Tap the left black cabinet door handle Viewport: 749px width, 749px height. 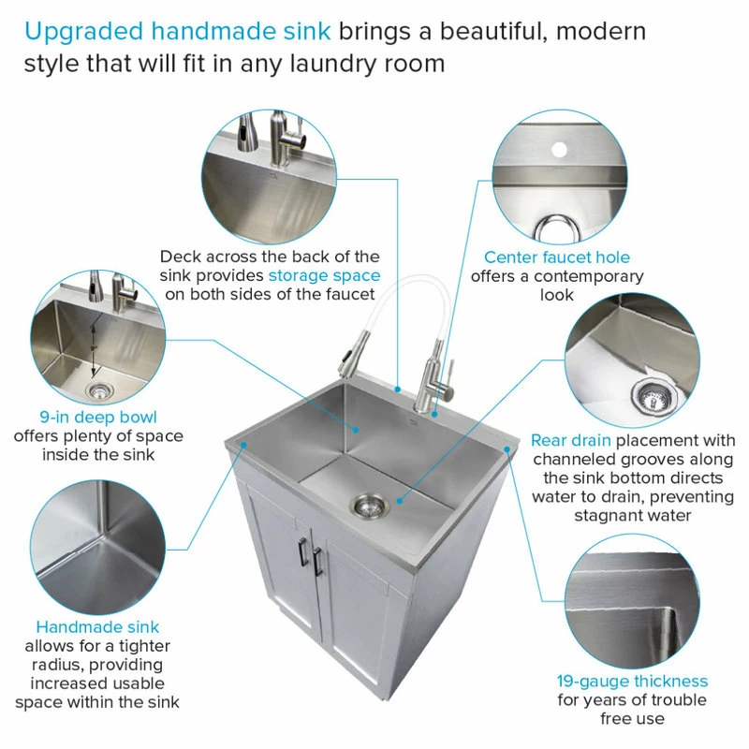(x=302, y=551)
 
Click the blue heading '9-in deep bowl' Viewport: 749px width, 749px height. (x=98, y=417)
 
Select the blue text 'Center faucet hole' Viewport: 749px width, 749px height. (x=557, y=257)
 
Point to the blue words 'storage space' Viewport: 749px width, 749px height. (x=324, y=275)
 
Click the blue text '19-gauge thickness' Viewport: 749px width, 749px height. (x=633, y=681)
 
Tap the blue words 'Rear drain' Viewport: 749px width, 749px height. (x=571, y=440)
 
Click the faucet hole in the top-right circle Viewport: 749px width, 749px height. (x=559, y=150)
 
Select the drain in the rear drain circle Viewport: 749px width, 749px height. (x=654, y=395)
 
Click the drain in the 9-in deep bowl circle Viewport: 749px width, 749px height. (x=99, y=391)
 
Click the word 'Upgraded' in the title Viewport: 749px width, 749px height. (x=83, y=32)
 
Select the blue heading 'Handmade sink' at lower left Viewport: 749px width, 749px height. (x=97, y=626)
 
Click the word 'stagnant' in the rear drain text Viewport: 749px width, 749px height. (x=604, y=516)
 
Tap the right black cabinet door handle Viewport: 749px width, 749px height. (x=317, y=561)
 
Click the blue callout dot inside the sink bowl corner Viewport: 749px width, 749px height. (x=356, y=430)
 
